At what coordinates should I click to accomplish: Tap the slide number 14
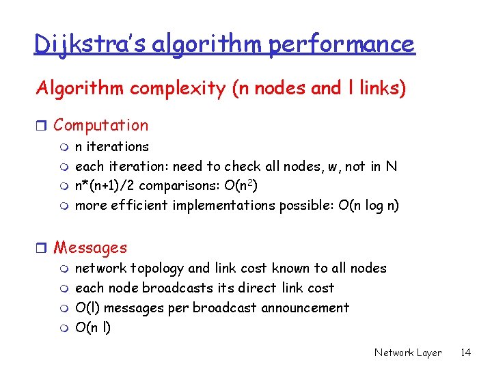[x=465, y=353]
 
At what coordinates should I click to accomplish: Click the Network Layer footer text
[x=408, y=353]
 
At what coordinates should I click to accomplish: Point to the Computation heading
[x=100, y=125]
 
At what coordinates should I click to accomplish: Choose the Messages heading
[x=90, y=247]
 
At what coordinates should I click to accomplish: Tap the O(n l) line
[x=93, y=328]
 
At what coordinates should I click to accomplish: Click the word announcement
[x=305, y=308]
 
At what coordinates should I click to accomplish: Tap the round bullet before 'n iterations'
[x=64, y=147]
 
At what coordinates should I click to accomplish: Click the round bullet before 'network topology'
[x=64, y=269]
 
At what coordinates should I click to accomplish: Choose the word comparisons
[x=197, y=185]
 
